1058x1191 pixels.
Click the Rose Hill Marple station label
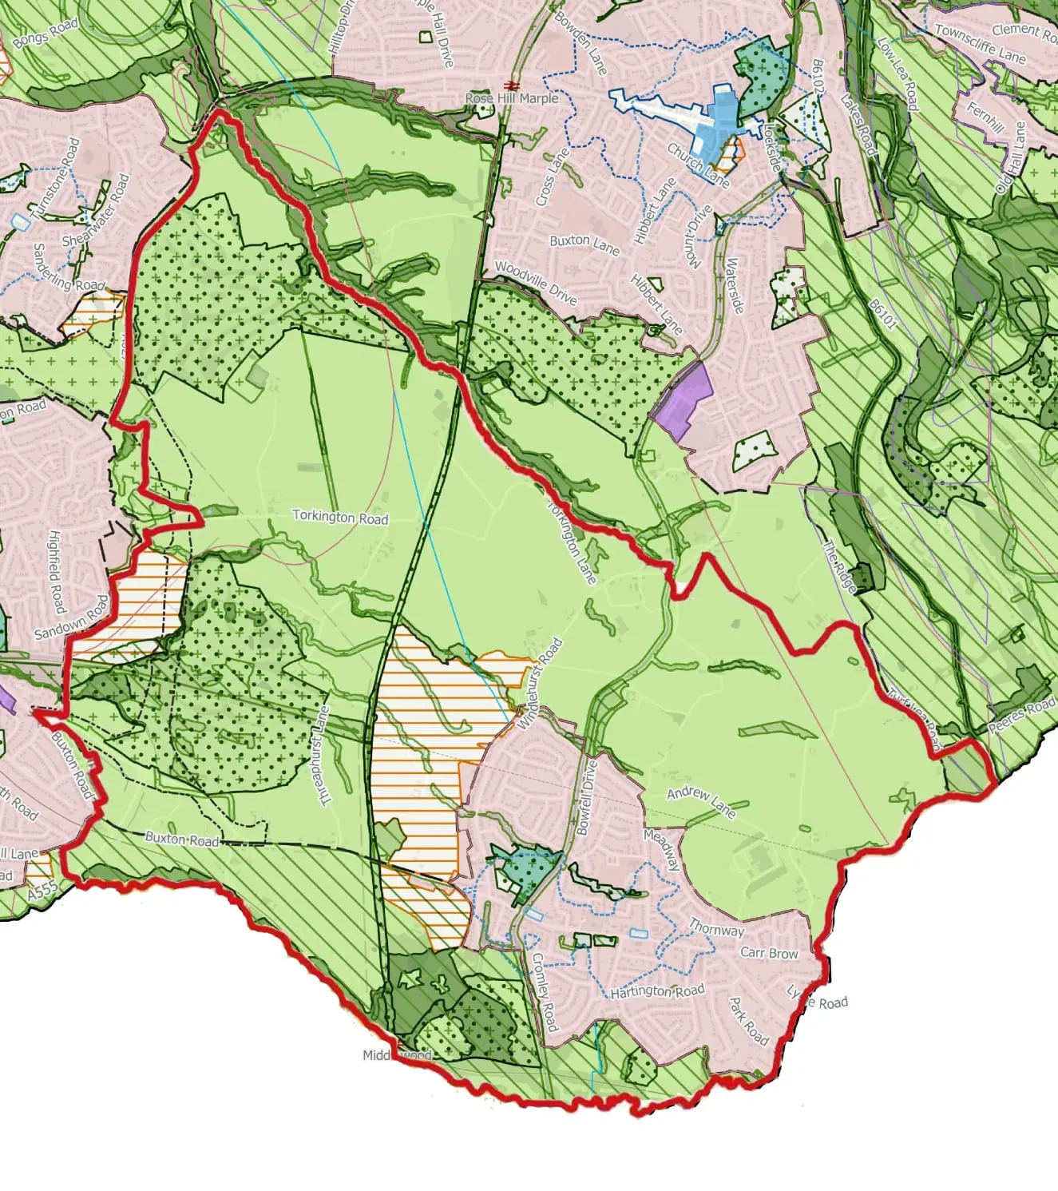click(x=512, y=98)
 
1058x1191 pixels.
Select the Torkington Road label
click(x=340, y=517)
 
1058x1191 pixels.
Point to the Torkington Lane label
click(x=572, y=542)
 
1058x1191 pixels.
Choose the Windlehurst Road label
click(x=540, y=684)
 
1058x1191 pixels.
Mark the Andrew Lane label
click(x=701, y=802)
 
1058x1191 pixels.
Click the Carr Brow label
click(x=769, y=953)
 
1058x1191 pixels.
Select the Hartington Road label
click(x=657, y=991)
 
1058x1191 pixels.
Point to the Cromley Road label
click(x=545, y=991)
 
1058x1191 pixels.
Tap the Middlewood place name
click(x=397, y=1055)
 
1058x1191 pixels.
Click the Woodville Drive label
click(x=536, y=283)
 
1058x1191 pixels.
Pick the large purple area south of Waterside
click(x=684, y=402)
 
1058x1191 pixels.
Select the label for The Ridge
click(x=840, y=567)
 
